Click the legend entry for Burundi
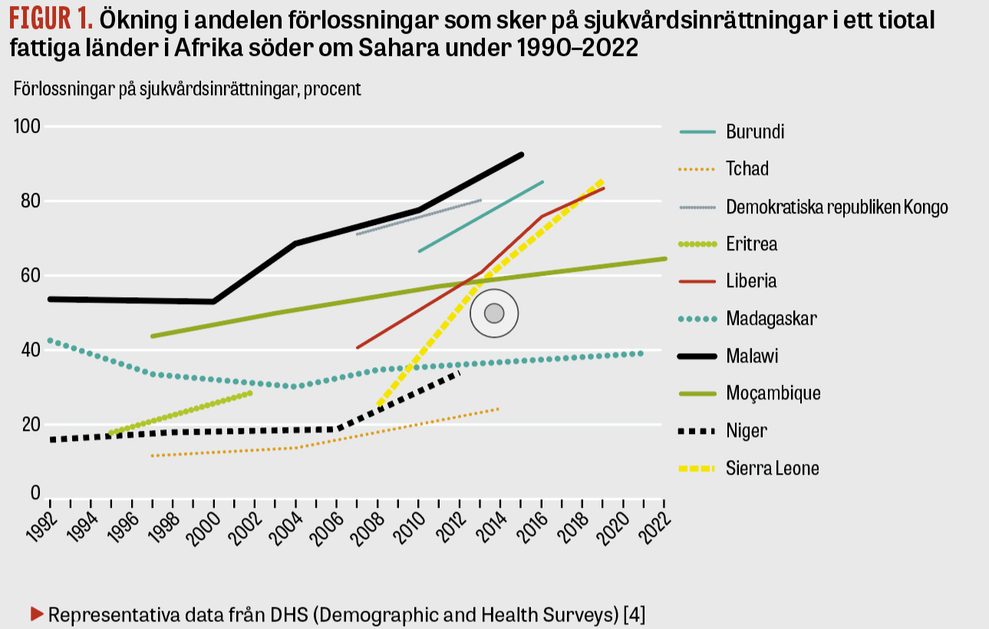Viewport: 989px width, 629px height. tap(755, 131)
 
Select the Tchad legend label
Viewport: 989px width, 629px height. tap(747, 169)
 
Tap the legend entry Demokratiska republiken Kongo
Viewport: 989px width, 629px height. tap(837, 207)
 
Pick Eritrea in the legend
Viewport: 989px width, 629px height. tap(752, 244)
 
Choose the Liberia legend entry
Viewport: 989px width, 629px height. tap(751, 281)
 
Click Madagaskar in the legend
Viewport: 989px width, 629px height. tap(771, 318)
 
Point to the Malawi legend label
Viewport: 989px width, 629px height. tap(753, 356)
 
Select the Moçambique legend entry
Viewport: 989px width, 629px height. tap(773, 393)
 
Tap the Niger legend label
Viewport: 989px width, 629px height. tap(746, 431)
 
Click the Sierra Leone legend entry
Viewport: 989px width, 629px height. tap(773, 468)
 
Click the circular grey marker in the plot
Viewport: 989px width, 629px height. tap(494, 313)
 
